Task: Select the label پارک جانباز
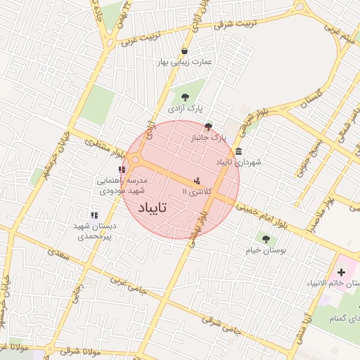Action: click(x=210, y=139)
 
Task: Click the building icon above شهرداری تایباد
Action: click(x=239, y=151)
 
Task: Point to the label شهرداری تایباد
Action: click(x=238, y=162)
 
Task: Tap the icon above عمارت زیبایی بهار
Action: click(x=184, y=51)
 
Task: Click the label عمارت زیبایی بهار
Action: click(x=185, y=61)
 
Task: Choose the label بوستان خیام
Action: click(x=264, y=250)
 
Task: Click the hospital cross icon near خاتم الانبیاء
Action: click(x=342, y=271)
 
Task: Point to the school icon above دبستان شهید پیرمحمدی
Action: click(x=94, y=215)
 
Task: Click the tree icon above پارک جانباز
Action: click(x=208, y=127)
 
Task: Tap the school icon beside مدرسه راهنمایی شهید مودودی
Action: click(x=122, y=169)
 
